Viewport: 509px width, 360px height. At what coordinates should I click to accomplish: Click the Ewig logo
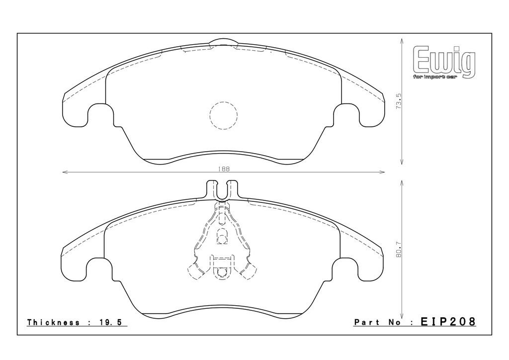(x=444, y=62)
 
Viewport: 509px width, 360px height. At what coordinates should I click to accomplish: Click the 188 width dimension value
(x=224, y=169)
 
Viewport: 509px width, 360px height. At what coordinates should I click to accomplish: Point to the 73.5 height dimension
(x=399, y=101)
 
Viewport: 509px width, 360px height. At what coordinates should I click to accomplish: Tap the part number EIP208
(x=448, y=322)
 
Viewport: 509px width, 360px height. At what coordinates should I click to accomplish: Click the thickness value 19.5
(x=110, y=322)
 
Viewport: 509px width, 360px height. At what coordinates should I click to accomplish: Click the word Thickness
(x=53, y=322)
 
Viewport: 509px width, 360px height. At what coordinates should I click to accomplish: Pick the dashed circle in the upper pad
(x=224, y=115)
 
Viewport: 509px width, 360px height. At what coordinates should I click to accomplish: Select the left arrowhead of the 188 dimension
(x=64, y=173)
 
